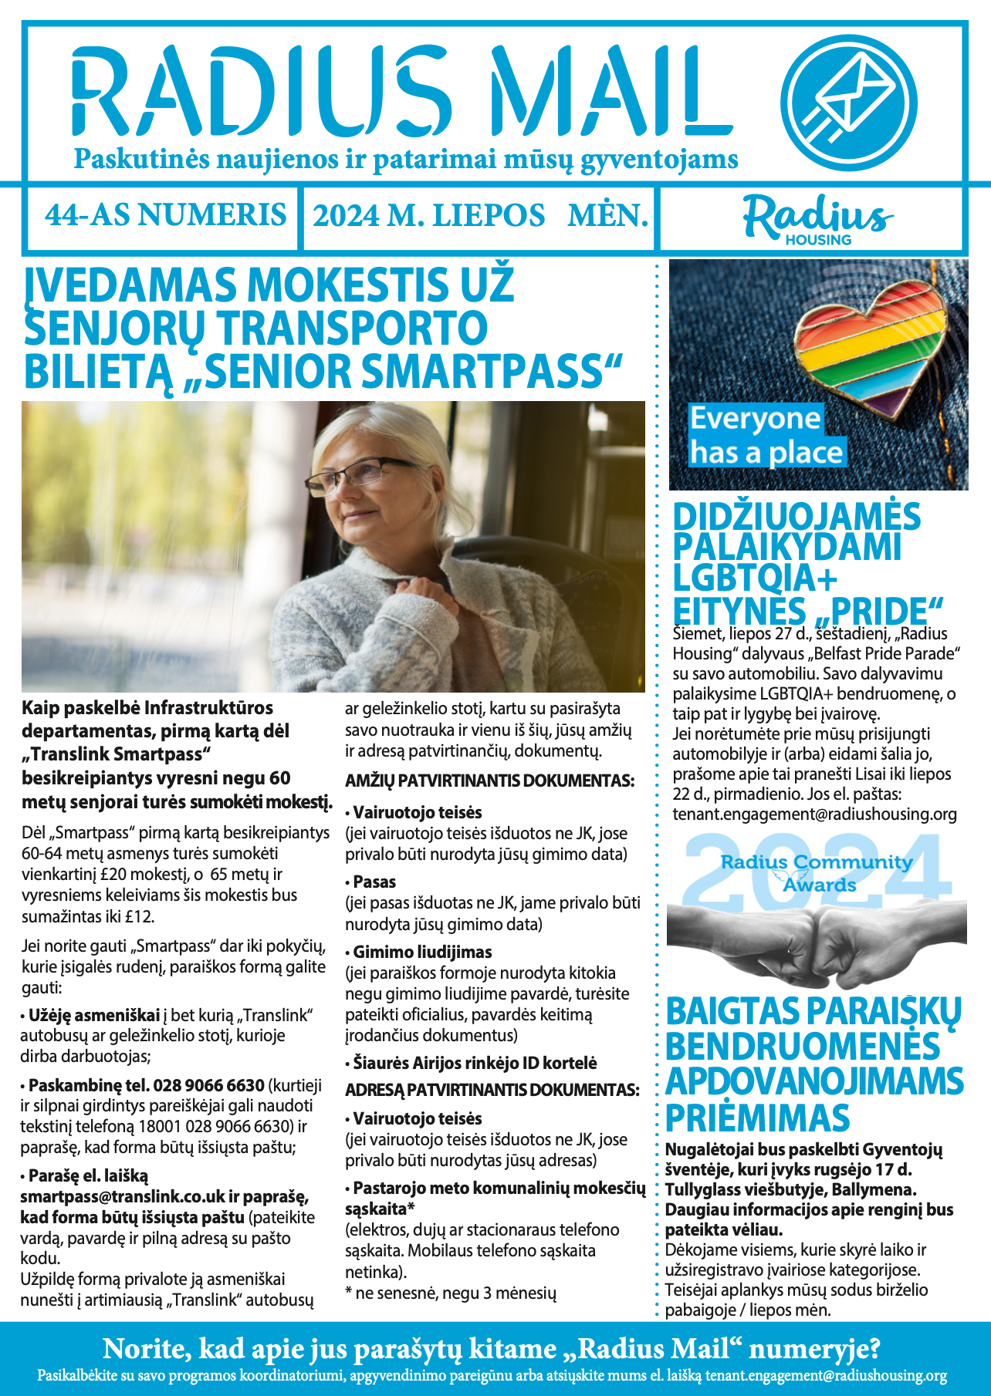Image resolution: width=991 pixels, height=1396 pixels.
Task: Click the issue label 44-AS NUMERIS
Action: click(165, 215)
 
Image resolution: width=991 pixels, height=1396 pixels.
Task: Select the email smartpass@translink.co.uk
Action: click(123, 1196)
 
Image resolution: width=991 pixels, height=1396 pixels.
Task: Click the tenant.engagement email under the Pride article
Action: click(814, 814)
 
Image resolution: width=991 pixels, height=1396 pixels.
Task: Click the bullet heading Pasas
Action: click(374, 882)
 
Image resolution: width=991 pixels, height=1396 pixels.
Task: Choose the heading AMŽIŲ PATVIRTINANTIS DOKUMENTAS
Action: click(489, 781)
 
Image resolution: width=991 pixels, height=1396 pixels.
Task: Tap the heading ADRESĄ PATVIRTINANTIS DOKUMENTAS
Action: click(492, 1090)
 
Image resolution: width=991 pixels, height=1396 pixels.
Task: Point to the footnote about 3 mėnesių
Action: click(451, 1293)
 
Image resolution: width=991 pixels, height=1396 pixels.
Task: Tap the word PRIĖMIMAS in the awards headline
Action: click(757, 1117)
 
